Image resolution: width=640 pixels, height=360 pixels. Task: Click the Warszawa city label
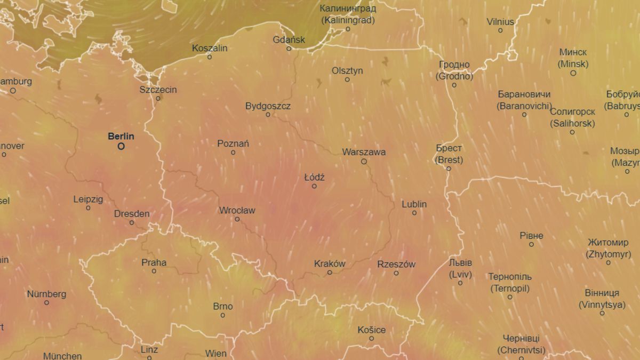[364, 152]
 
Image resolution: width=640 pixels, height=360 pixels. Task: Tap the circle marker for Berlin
[121, 146]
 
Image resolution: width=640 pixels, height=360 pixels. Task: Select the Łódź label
[314, 177]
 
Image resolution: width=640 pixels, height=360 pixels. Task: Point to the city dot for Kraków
[330, 273]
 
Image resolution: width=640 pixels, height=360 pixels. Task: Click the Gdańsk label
[289, 39]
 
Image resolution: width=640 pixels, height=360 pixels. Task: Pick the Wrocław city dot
[237, 219]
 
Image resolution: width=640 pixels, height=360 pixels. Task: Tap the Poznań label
[233, 143]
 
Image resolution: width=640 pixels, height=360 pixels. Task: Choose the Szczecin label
[158, 90]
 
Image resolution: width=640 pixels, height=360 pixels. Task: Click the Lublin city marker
[414, 213]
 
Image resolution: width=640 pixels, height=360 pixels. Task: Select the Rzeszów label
[396, 264]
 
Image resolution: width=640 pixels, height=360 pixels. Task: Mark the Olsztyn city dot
[347, 79]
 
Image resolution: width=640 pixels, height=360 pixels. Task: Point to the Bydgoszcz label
[268, 106]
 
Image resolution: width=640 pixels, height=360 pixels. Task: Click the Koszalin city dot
[210, 57]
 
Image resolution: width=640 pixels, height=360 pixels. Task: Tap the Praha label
[154, 262]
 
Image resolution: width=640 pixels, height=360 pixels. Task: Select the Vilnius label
[500, 22]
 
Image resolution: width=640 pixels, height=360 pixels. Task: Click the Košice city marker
[372, 339]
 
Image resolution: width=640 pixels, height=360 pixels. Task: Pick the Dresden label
[132, 214]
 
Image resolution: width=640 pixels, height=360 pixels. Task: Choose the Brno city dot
[223, 315]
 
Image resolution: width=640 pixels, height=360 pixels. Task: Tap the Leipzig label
[88, 199]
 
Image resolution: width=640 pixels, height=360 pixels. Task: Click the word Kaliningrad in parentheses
[348, 20]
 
